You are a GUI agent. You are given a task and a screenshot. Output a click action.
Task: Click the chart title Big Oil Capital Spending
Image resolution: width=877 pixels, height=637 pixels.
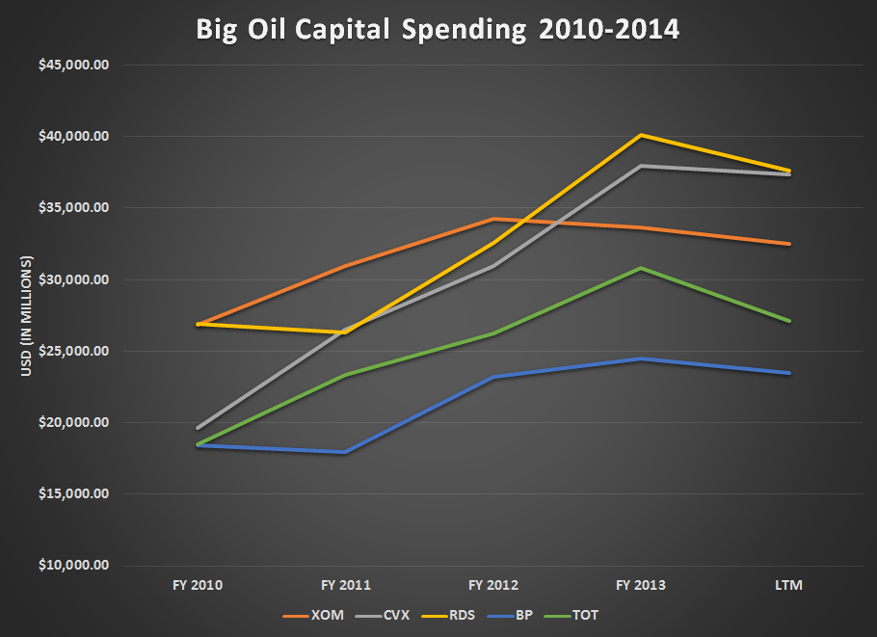coord(438,29)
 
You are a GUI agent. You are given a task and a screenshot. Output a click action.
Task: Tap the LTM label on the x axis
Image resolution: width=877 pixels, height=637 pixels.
coord(788,584)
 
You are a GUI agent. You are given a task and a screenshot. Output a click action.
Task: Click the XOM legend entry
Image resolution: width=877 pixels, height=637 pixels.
coord(311,615)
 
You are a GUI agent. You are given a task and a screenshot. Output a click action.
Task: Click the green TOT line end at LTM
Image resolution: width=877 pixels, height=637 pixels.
coord(789,321)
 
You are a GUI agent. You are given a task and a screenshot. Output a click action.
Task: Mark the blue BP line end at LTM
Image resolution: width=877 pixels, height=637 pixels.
coord(789,373)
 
